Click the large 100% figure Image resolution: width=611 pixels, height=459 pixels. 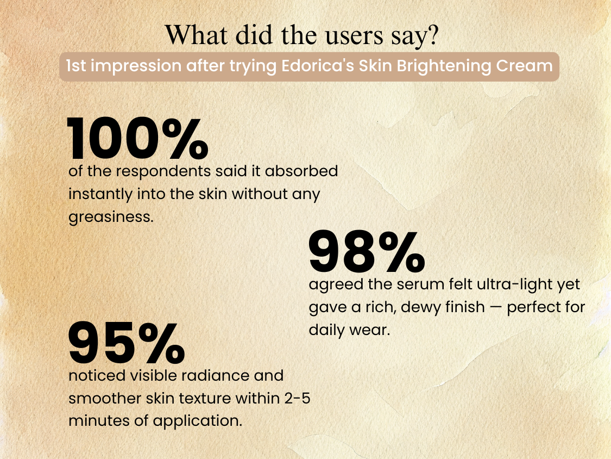pos(137,138)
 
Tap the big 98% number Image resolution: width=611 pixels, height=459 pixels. pos(367,251)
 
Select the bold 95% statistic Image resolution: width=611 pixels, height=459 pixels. pos(127,343)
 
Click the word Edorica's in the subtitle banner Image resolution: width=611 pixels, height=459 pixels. pos(318,66)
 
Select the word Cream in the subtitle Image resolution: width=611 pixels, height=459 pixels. pos(524,66)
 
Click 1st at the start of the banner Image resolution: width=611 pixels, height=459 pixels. pos(75,66)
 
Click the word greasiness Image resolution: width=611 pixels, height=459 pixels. pos(111,217)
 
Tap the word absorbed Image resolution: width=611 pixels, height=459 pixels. pos(301,171)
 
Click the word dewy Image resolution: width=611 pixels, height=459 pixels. pos(421,308)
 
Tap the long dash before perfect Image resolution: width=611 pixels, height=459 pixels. pos(496,307)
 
